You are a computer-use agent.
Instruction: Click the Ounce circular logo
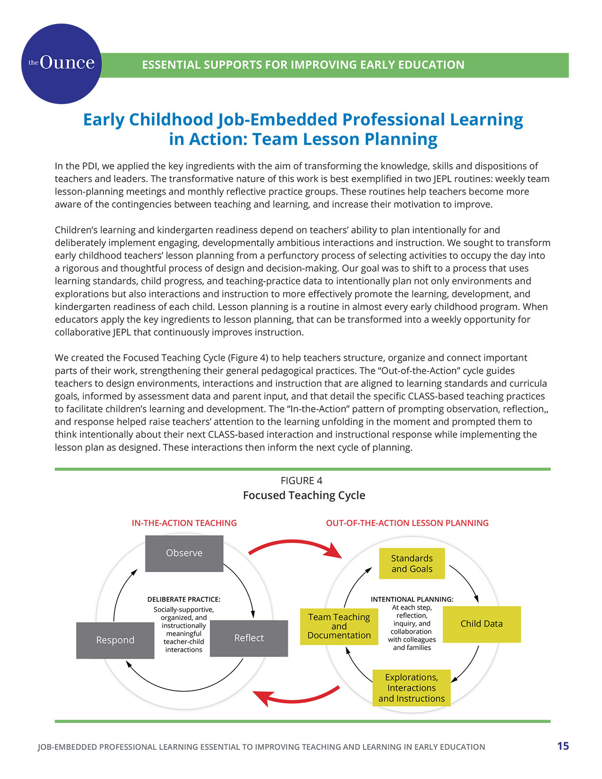[61, 64]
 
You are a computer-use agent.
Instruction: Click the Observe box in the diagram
[184, 553]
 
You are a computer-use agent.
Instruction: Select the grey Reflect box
[249, 638]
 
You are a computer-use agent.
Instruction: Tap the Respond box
[115, 640]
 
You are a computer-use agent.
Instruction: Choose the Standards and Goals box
[412, 564]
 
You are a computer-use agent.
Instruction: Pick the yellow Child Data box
[482, 624]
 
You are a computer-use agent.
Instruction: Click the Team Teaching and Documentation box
[339, 626]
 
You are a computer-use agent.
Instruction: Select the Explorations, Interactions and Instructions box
[412, 688]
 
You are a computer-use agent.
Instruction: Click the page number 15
[562, 746]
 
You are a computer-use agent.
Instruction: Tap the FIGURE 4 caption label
[301, 480]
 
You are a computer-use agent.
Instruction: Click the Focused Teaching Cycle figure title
[304, 495]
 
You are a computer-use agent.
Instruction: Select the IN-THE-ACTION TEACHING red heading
[184, 523]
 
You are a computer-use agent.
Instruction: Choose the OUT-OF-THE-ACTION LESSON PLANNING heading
[407, 523]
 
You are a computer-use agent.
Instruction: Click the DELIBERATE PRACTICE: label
[184, 599]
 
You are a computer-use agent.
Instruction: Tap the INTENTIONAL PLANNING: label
[412, 599]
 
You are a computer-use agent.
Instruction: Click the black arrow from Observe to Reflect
[246, 588]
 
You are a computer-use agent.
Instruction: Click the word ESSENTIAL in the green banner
[171, 65]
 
